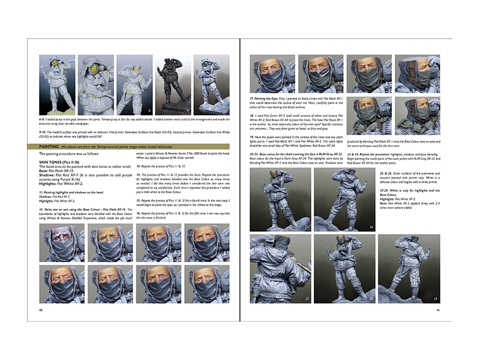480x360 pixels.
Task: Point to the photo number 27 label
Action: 306,298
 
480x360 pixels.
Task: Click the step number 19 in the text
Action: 252,137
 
